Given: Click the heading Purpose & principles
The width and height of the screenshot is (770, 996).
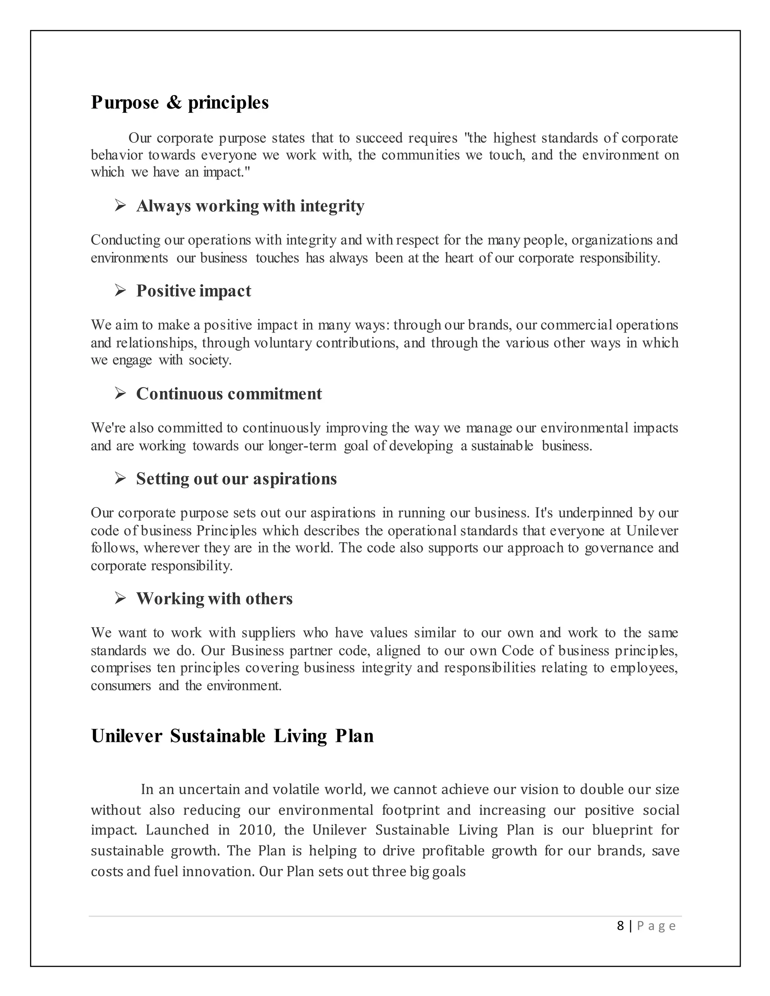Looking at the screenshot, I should coord(180,103).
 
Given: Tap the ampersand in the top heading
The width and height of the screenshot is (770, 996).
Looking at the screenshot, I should coord(174,103).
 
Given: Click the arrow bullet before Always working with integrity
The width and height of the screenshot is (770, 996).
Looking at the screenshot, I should coord(120,206).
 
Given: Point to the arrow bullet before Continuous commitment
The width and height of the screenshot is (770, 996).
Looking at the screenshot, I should coord(120,394).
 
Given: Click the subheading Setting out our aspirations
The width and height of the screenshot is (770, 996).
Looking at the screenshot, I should coord(236,479).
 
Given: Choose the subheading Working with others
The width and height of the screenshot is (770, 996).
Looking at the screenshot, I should coord(214,599).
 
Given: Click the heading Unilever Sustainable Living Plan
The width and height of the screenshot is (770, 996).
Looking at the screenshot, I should coord(232,736).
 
